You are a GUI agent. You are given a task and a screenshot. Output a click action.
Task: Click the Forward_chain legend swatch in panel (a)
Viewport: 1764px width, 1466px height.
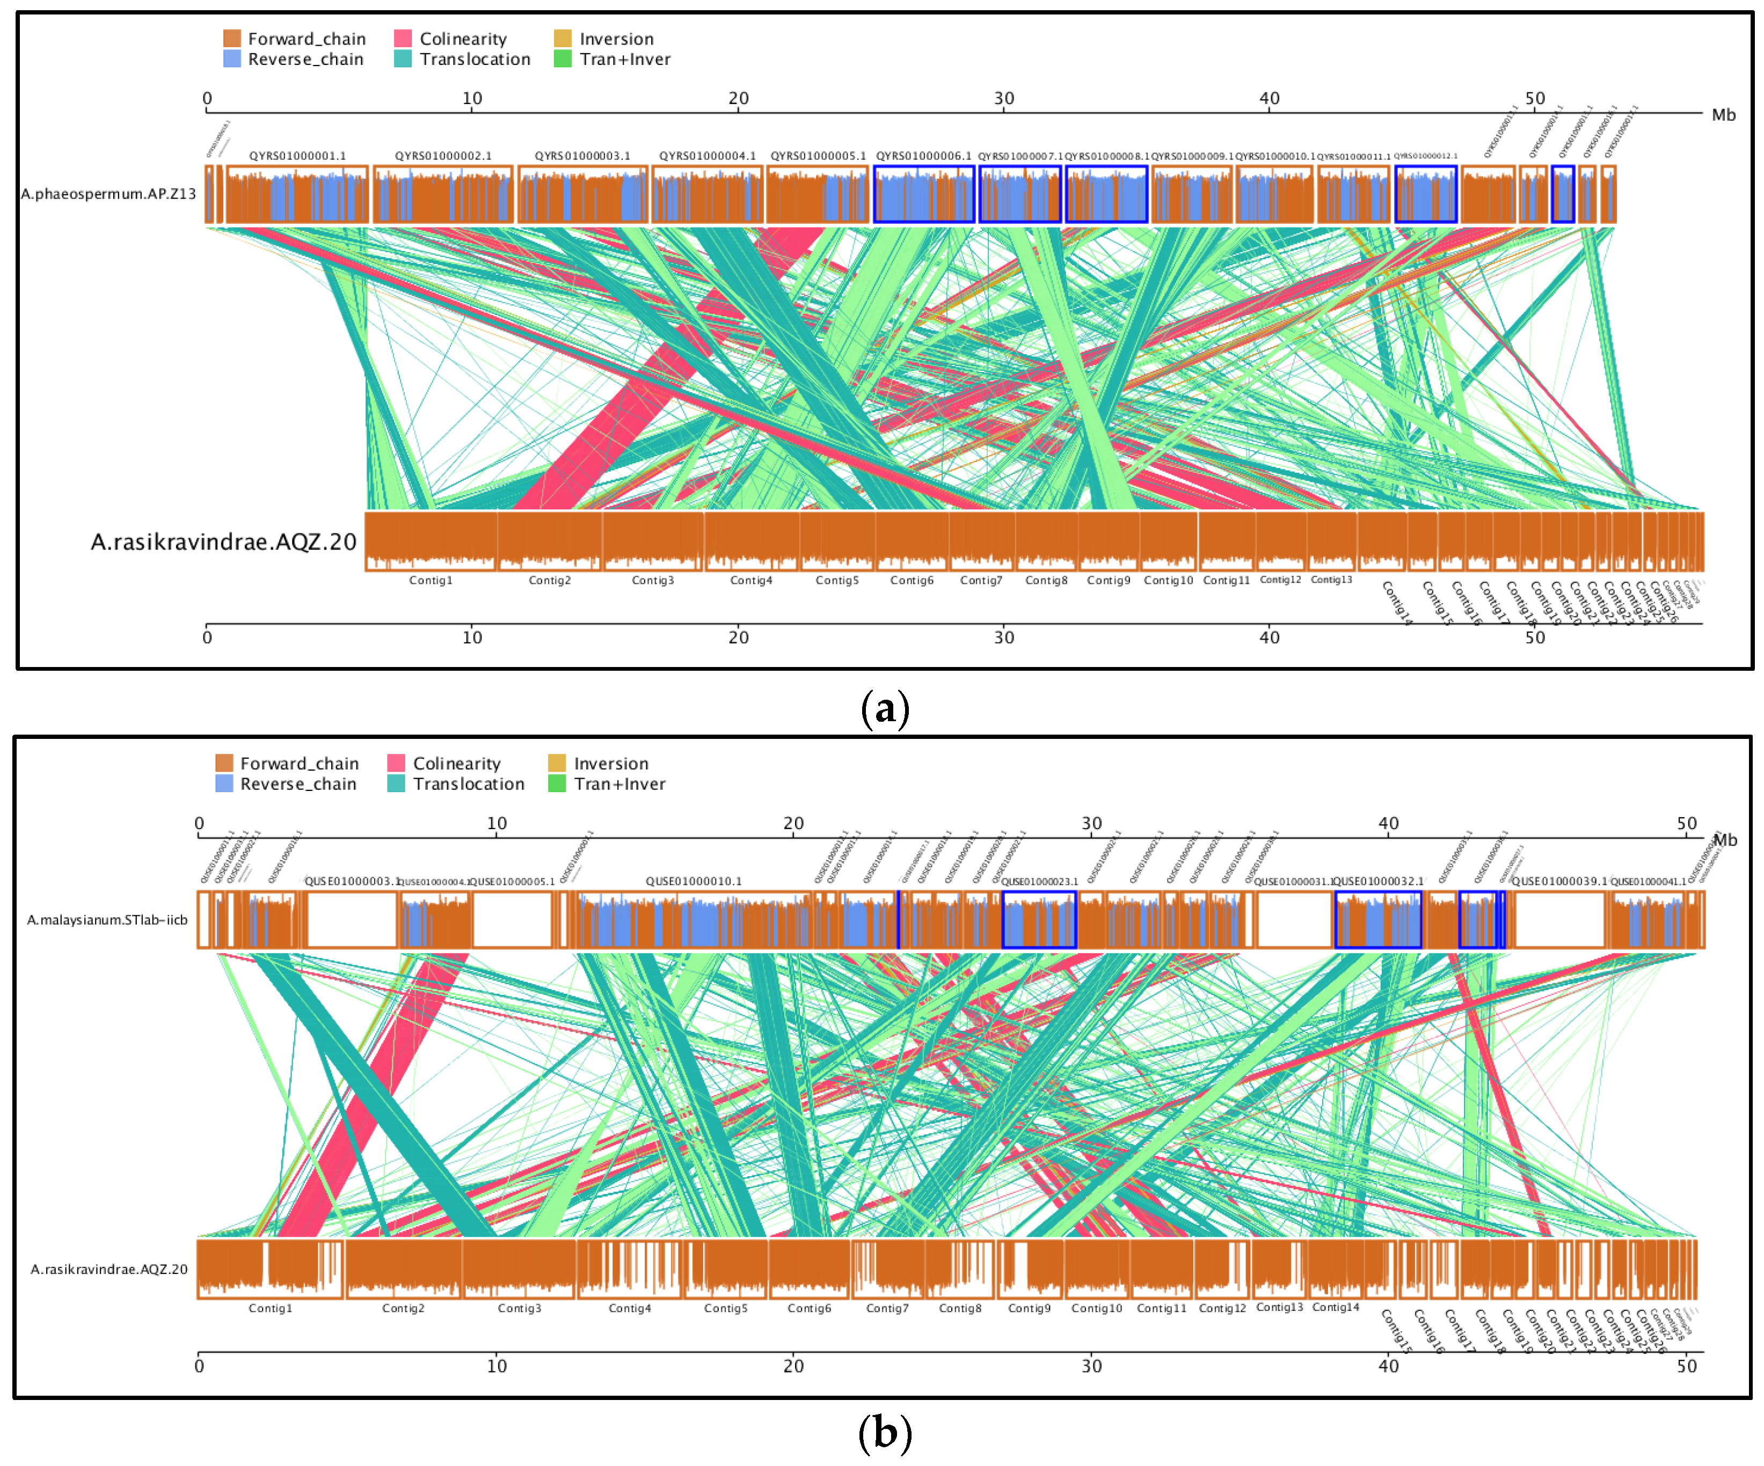pos(232,39)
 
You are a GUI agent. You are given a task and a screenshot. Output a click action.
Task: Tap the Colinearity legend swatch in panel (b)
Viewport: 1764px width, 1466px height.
pos(397,763)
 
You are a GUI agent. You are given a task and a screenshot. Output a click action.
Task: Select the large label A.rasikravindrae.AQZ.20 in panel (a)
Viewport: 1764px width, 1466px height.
pos(223,541)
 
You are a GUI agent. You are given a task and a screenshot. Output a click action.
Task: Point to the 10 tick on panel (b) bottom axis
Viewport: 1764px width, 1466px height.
pos(497,1366)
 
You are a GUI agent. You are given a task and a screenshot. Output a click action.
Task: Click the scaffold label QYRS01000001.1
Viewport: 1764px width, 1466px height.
pos(297,156)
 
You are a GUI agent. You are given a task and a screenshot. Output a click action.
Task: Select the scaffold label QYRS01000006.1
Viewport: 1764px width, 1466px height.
pos(923,156)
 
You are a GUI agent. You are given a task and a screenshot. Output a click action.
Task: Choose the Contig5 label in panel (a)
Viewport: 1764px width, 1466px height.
pos(837,580)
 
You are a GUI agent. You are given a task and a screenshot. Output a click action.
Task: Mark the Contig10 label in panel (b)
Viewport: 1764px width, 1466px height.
pos(1096,1308)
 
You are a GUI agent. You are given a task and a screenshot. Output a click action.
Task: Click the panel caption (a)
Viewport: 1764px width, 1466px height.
pos(885,708)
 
